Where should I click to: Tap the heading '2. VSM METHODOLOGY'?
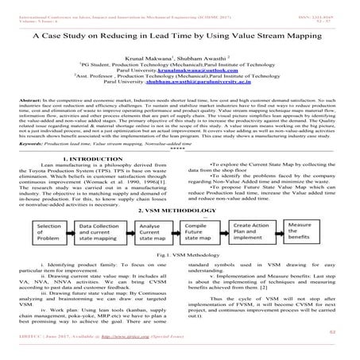180,208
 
